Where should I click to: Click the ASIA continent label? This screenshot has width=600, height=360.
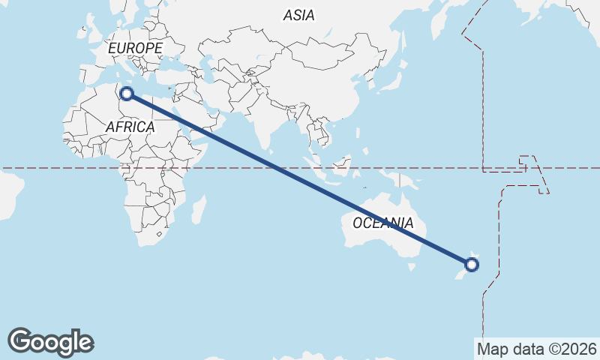(x=299, y=15)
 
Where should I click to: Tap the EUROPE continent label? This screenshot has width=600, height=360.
(x=135, y=48)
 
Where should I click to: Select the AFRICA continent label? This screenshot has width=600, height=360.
(x=130, y=127)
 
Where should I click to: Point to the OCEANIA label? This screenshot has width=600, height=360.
(x=382, y=223)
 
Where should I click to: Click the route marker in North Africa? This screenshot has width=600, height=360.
(x=127, y=94)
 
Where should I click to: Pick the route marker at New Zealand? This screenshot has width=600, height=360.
(x=472, y=264)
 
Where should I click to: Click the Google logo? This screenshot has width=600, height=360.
(x=50, y=341)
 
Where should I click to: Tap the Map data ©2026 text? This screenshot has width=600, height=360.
(x=536, y=349)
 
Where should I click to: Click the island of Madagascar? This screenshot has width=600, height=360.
(x=199, y=210)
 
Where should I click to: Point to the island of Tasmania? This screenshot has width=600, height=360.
(x=411, y=266)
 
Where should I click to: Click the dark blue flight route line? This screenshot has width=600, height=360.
(x=300, y=179)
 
